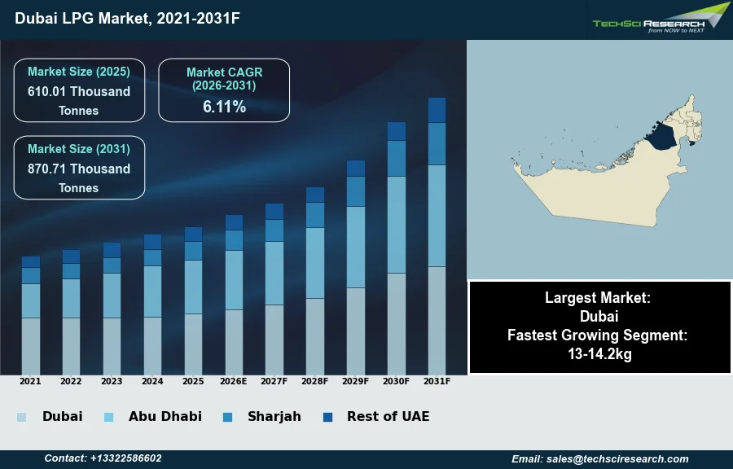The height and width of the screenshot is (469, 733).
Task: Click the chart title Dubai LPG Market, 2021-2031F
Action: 127,18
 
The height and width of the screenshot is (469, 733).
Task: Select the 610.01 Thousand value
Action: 79,91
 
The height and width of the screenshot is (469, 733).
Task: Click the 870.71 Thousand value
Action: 79,169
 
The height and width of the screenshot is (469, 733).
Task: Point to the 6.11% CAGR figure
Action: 224,107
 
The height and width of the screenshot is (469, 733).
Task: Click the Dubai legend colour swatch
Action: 21,417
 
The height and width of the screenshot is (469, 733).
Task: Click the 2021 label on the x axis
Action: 30,381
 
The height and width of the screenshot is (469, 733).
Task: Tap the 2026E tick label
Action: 234,381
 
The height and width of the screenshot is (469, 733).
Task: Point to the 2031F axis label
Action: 437,381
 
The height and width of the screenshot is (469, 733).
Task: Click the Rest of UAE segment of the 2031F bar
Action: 437,110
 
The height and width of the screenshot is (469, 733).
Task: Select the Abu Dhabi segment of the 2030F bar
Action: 397,225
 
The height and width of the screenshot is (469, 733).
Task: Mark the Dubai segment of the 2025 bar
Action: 193,344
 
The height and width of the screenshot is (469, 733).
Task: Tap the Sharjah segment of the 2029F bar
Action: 356,191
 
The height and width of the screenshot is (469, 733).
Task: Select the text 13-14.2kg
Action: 599,354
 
